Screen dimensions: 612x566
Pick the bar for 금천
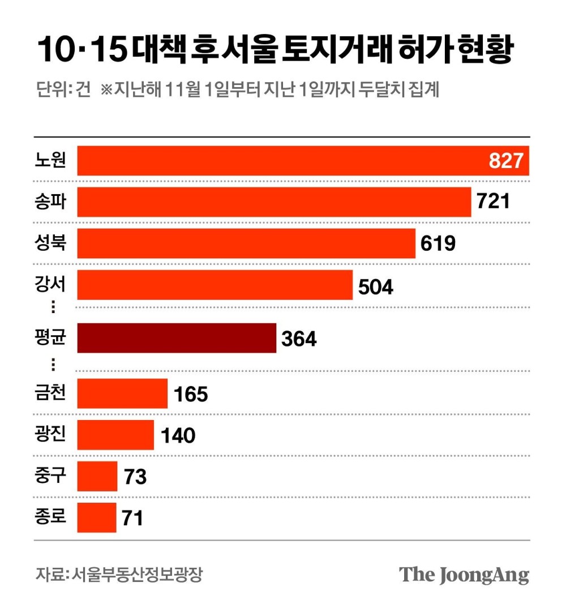click(122, 393)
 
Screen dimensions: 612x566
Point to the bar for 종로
click(97, 517)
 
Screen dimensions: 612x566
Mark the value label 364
click(299, 339)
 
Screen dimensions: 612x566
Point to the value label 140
click(178, 435)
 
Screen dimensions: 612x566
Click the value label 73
click(135, 477)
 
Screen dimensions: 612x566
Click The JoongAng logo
click(464, 574)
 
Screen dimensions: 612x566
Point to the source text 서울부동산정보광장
click(136, 574)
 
